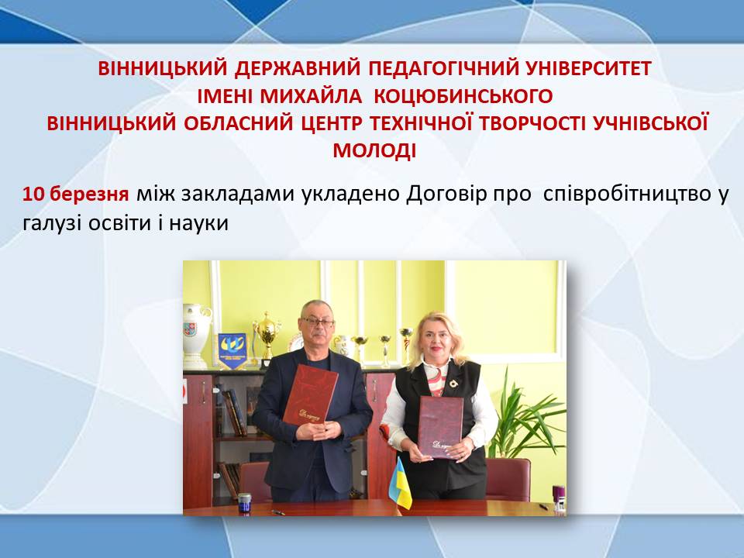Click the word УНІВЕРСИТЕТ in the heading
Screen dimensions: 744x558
pos(589,69)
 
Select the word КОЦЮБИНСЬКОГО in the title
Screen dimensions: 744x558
pos(463,96)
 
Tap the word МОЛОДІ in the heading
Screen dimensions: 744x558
pos(374,151)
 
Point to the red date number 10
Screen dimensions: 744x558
pos(33,195)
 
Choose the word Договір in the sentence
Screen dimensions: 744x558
pos(447,195)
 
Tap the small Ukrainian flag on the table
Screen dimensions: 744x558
pos(399,484)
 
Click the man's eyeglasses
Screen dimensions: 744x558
pos(316,322)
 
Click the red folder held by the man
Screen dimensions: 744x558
pos(310,394)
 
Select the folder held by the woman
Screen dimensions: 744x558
pos(440,427)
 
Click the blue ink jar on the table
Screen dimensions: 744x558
pos(244,502)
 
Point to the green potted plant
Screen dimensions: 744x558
pos(527,418)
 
